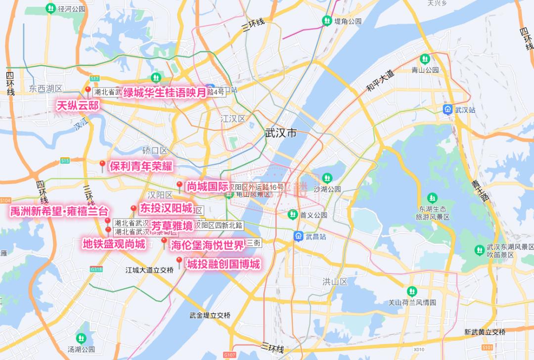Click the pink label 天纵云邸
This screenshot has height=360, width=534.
(78, 105)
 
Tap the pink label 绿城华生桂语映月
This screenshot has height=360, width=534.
(164, 92)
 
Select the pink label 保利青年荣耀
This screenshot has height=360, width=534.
(141, 166)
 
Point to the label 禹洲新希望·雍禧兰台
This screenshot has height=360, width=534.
(59, 212)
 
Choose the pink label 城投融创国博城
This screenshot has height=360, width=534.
(223, 264)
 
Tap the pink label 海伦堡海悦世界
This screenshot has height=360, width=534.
(208, 245)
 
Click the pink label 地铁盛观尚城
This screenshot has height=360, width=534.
(114, 244)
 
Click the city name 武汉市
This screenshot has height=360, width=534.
(281, 133)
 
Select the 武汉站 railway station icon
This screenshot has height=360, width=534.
(447, 110)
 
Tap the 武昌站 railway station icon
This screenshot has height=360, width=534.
(299, 236)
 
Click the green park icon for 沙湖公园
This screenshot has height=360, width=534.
(327, 178)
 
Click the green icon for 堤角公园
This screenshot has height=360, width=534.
(327, 21)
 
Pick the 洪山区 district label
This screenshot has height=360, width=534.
(335, 281)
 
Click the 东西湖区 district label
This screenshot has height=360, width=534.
(45, 89)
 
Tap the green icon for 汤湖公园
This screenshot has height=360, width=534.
(81, 338)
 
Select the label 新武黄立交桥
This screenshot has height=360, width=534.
(485, 332)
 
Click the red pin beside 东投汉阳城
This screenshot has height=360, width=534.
(133, 209)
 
